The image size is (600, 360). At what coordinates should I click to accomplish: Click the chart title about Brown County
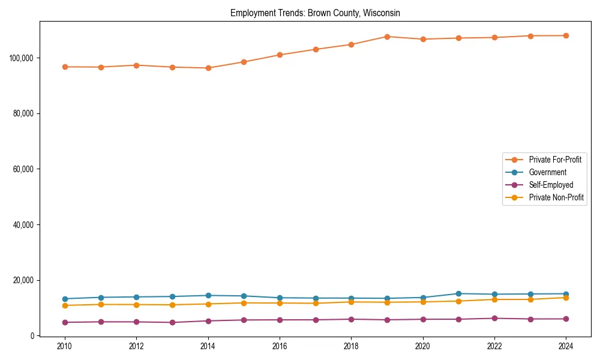coord(315,13)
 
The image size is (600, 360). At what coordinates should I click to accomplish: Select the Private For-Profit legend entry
coord(555,160)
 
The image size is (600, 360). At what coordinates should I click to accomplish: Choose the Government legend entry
coord(547,172)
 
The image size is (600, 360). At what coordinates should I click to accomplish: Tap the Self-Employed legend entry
coord(551,185)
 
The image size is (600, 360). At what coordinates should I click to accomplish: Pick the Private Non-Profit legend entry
coord(556,197)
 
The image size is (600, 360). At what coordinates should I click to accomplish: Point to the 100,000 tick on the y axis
coord(22,58)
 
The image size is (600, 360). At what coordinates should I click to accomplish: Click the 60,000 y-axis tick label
coord(24,169)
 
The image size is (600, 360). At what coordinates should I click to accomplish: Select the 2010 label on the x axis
coord(65,346)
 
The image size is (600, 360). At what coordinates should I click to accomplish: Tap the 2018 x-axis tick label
coord(351,346)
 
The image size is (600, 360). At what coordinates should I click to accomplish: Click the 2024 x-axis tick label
coord(566,346)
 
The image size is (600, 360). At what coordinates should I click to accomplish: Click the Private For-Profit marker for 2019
coord(387,37)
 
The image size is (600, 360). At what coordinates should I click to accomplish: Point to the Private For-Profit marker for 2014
coord(208,68)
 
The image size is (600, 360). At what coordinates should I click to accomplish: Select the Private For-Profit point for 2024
coord(566,35)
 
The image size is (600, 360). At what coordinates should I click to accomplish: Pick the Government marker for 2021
coord(458,293)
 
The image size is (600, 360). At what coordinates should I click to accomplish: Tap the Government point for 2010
coord(65,299)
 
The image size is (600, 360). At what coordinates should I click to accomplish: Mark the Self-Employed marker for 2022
coord(494,318)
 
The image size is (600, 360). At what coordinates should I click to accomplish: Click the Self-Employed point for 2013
coord(172,322)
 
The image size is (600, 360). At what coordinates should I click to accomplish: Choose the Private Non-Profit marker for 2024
coord(566,298)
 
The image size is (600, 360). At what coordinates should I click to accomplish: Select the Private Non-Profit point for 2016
coord(280,303)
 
